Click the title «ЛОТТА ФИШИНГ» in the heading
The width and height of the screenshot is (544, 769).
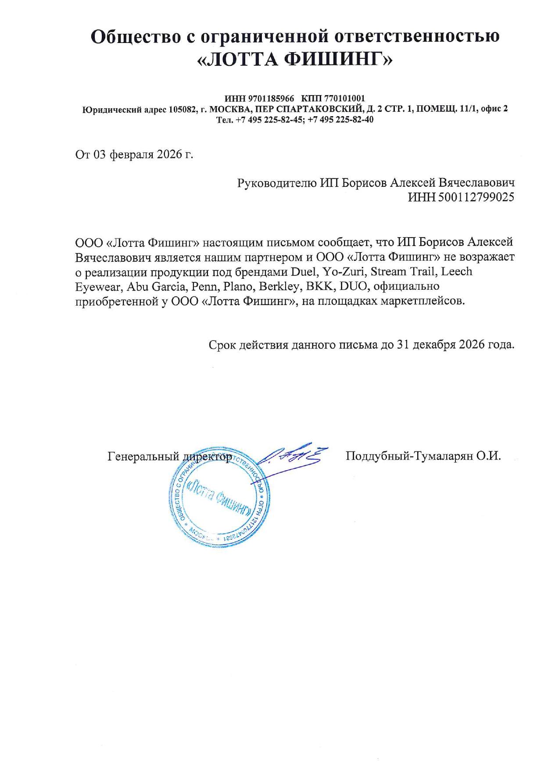[x=294, y=60]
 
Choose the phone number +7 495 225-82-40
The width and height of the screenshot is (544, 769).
[x=341, y=119]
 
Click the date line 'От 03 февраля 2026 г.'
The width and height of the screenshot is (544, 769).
[x=134, y=154]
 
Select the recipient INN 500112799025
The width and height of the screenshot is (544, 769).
[x=476, y=197]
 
